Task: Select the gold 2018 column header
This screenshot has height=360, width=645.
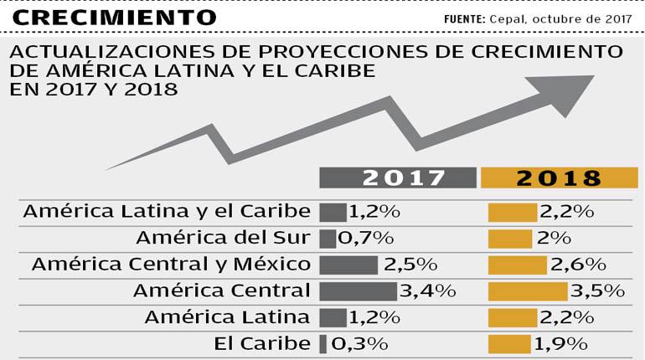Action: tap(560, 177)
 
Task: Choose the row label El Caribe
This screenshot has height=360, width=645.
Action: tap(261, 343)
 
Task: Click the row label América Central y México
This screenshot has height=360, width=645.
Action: tap(171, 265)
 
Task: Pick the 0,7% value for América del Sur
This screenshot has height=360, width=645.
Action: tap(364, 238)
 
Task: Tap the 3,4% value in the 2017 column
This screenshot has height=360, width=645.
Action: tap(427, 291)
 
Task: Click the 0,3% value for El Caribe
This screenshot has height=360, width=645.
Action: tap(360, 343)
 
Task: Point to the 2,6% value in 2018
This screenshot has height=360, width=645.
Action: tap(578, 265)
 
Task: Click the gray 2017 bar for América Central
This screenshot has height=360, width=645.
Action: tap(357, 291)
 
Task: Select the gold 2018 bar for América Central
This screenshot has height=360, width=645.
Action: tap(528, 291)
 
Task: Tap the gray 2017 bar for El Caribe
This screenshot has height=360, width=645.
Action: tap(323, 343)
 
